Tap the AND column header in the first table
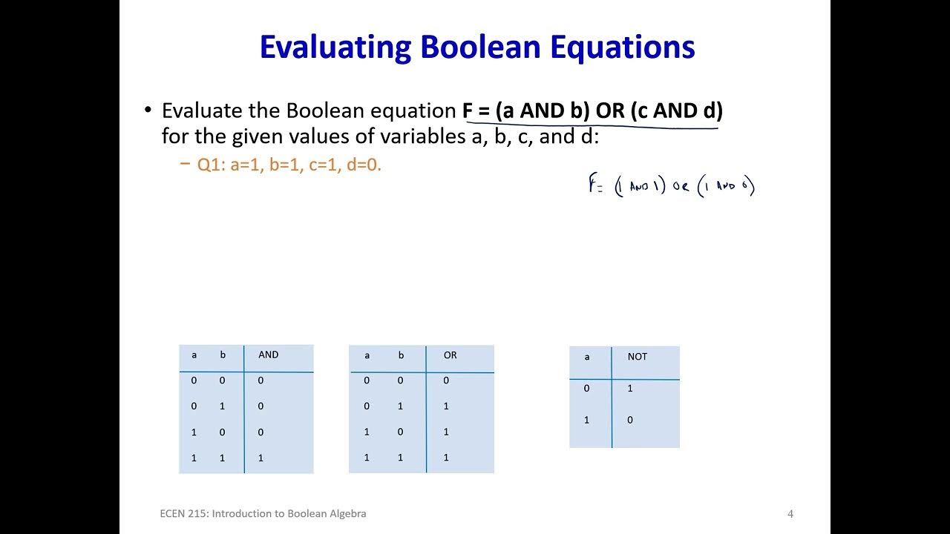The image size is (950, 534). point(268,355)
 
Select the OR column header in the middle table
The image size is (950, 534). point(450,355)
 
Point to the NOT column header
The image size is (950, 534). point(637,357)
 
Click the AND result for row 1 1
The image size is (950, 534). point(261,458)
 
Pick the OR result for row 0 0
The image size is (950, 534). point(446,380)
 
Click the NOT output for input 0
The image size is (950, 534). point(630,389)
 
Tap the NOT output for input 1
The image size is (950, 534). point(630,421)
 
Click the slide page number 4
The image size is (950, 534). point(790,514)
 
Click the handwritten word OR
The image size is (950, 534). point(681,187)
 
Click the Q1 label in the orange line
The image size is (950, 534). point(210,165)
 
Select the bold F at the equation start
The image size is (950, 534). point(468,111)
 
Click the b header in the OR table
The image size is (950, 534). point(401,355)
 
